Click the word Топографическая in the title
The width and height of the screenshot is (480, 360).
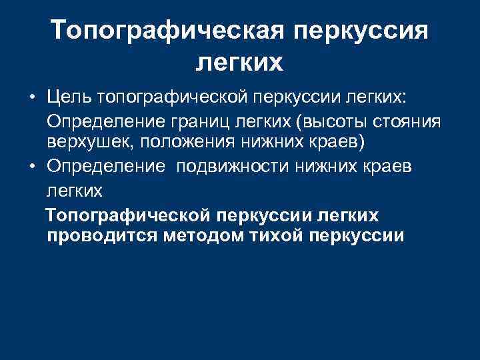(x=167, y=31)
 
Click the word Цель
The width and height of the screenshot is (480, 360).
(x=69, y=99)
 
